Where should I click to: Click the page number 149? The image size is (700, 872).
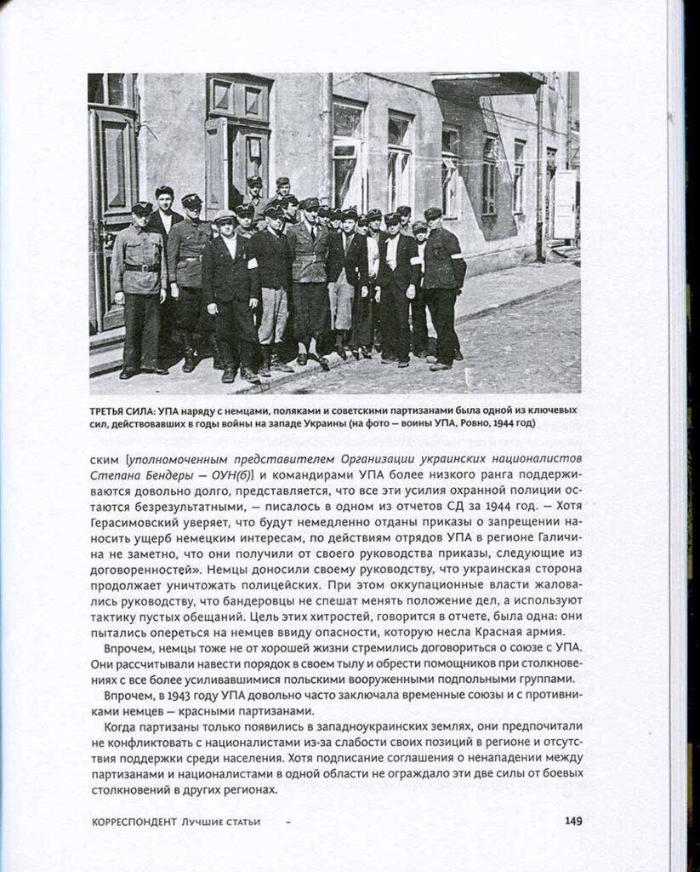click(x=572, y=821)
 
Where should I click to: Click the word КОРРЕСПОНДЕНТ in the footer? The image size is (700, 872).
click(x=131, y=822)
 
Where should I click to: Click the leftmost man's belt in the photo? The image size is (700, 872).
click(x=138, y=267)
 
